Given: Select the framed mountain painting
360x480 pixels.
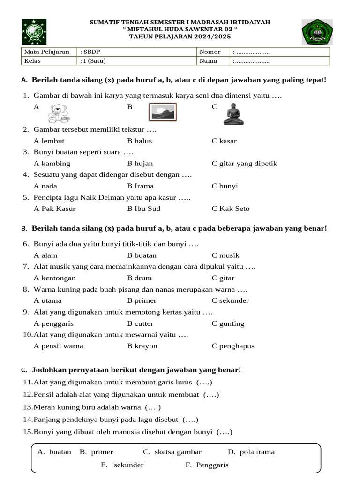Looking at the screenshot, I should click(x=162, y=112).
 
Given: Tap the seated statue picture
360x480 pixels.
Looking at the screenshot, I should click(x=233, y=114).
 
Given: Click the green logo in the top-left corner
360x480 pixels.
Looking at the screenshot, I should click(x=31, y=31).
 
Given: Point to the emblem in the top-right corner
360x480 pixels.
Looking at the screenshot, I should click(x=317, y=32).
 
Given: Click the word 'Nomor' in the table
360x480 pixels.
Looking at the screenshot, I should click(x=210, y=52).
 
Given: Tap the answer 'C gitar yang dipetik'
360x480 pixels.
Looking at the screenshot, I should click(x=244, y=164).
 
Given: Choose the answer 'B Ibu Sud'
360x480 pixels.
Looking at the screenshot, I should click(x=143, y=209).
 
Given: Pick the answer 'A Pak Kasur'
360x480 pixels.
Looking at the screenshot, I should click(x=54, y=209).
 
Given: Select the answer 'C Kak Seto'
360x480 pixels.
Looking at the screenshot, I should click(x=231, y=209).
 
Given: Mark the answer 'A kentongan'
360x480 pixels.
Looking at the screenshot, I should click(x=55, y=278).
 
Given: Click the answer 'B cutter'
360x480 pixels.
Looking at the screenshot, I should click(x=140, y=323).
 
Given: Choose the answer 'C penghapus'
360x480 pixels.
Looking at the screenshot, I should click(x=233, y=346).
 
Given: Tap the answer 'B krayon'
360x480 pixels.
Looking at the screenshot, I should click(x=142, y=346).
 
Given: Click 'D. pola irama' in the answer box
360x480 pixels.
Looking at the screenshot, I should click(x=251, y=452).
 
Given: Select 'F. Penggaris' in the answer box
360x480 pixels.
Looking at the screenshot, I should click(x=207, y=465).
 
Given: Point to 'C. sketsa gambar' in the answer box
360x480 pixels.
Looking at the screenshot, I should click(x=172, y=452).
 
